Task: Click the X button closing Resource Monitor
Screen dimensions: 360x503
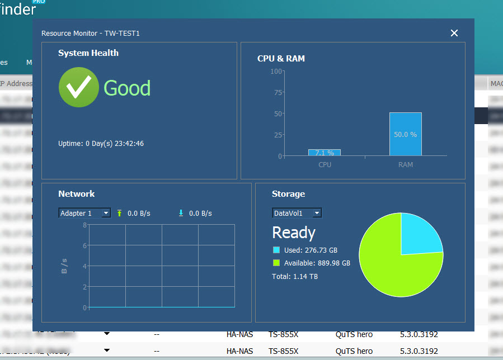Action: (454, 33)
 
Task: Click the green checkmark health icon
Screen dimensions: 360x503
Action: (79, 87)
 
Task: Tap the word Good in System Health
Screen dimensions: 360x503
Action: (127, 88)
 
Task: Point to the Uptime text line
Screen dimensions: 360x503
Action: (101, 144)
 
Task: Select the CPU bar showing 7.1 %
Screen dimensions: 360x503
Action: (325, 153)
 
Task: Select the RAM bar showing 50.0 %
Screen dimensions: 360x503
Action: (406, 134)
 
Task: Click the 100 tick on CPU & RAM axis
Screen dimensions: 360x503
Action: (276, 71)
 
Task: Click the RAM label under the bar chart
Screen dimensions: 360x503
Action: (406, 165)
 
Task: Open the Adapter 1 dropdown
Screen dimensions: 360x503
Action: (84, 213)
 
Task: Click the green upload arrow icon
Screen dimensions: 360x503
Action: (119, 213)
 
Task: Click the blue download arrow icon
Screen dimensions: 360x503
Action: (181, 213)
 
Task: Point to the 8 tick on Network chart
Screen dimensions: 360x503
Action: (84, 225)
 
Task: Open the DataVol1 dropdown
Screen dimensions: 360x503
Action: (297, 213)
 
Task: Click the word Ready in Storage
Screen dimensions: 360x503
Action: (294, 233)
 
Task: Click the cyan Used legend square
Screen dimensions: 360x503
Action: (276, 250)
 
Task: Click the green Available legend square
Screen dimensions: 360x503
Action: (276, 263)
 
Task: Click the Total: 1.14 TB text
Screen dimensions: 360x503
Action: (295, 276)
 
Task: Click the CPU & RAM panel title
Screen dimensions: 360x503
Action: (281, 58)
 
